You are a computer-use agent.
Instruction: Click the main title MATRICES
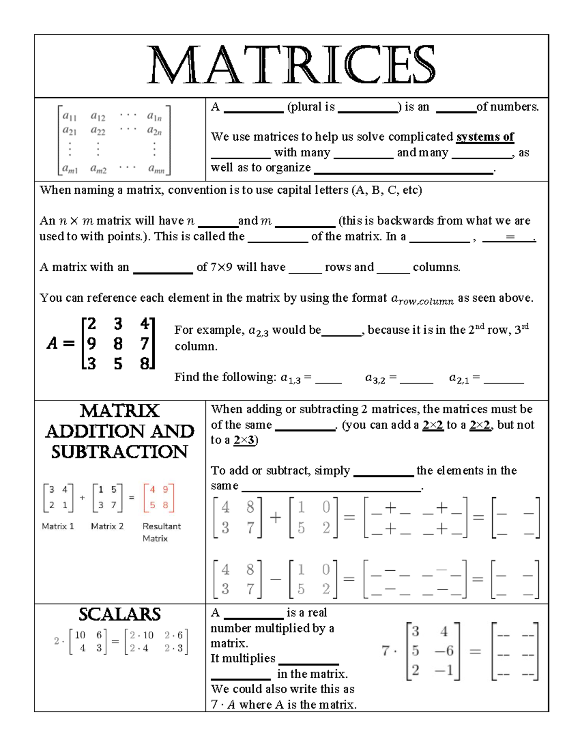(291, 65)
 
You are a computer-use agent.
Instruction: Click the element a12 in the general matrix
(98, 117)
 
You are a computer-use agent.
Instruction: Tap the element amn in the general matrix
(156, 169)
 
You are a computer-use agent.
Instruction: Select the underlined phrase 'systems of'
(485, 137)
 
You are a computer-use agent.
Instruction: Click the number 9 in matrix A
(91, 344)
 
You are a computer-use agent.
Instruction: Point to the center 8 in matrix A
(117, 344)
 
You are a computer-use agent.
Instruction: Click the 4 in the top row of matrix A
(144, 324)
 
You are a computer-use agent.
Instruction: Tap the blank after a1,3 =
(328, 379)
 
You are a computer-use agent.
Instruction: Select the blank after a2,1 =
(503, 379)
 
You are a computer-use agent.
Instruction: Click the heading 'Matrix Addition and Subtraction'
(119, 431)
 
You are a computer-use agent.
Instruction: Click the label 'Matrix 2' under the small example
(107, 526)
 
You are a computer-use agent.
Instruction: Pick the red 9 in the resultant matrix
(165, 489)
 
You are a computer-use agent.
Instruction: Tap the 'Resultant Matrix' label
(161, 532)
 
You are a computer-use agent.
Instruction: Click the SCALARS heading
(119, 614)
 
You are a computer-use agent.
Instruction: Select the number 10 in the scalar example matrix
(80, 635)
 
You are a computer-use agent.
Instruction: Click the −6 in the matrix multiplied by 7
(444, 651)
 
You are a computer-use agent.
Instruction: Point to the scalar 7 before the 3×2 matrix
(386, 651)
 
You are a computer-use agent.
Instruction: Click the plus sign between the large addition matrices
(275, 518)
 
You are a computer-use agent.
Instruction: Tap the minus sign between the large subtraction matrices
(275, 579)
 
